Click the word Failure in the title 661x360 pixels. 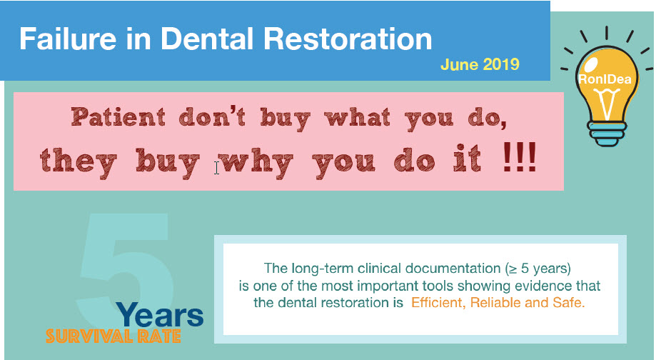click(x=68, y=39)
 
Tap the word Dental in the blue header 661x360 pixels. click(x=206, y=39)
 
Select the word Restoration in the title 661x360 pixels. click(x=348, y=39)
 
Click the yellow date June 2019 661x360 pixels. click(x=480, y=64)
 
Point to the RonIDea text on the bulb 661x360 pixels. click(x=605, y=79)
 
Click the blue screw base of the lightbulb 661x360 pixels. click(x=607, y=134)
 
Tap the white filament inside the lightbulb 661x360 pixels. click(x=606, y=104)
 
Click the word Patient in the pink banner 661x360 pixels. click(x=118, y=117)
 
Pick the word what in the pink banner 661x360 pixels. click(x=358, y=117)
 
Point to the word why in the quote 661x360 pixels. click(x=256, y=162)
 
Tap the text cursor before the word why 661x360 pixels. click(x=216, y=168)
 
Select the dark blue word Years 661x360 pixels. click(x=160, y=315)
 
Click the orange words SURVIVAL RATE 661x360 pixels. click(x=113, y=336)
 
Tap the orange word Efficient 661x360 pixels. click(x=438, y=303)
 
